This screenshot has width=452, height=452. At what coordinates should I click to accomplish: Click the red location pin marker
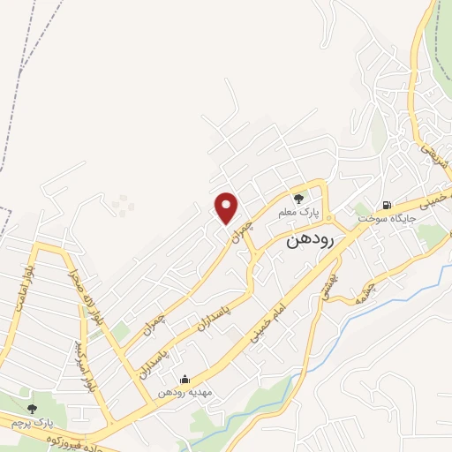point(228,207)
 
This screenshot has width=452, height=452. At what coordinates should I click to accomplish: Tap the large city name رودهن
point(309,241)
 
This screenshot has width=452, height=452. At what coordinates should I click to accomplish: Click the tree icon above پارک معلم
point(298,198)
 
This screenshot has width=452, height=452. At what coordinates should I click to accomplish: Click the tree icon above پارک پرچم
point(33,408)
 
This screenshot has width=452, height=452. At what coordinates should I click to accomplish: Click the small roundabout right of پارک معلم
point(328,217)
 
